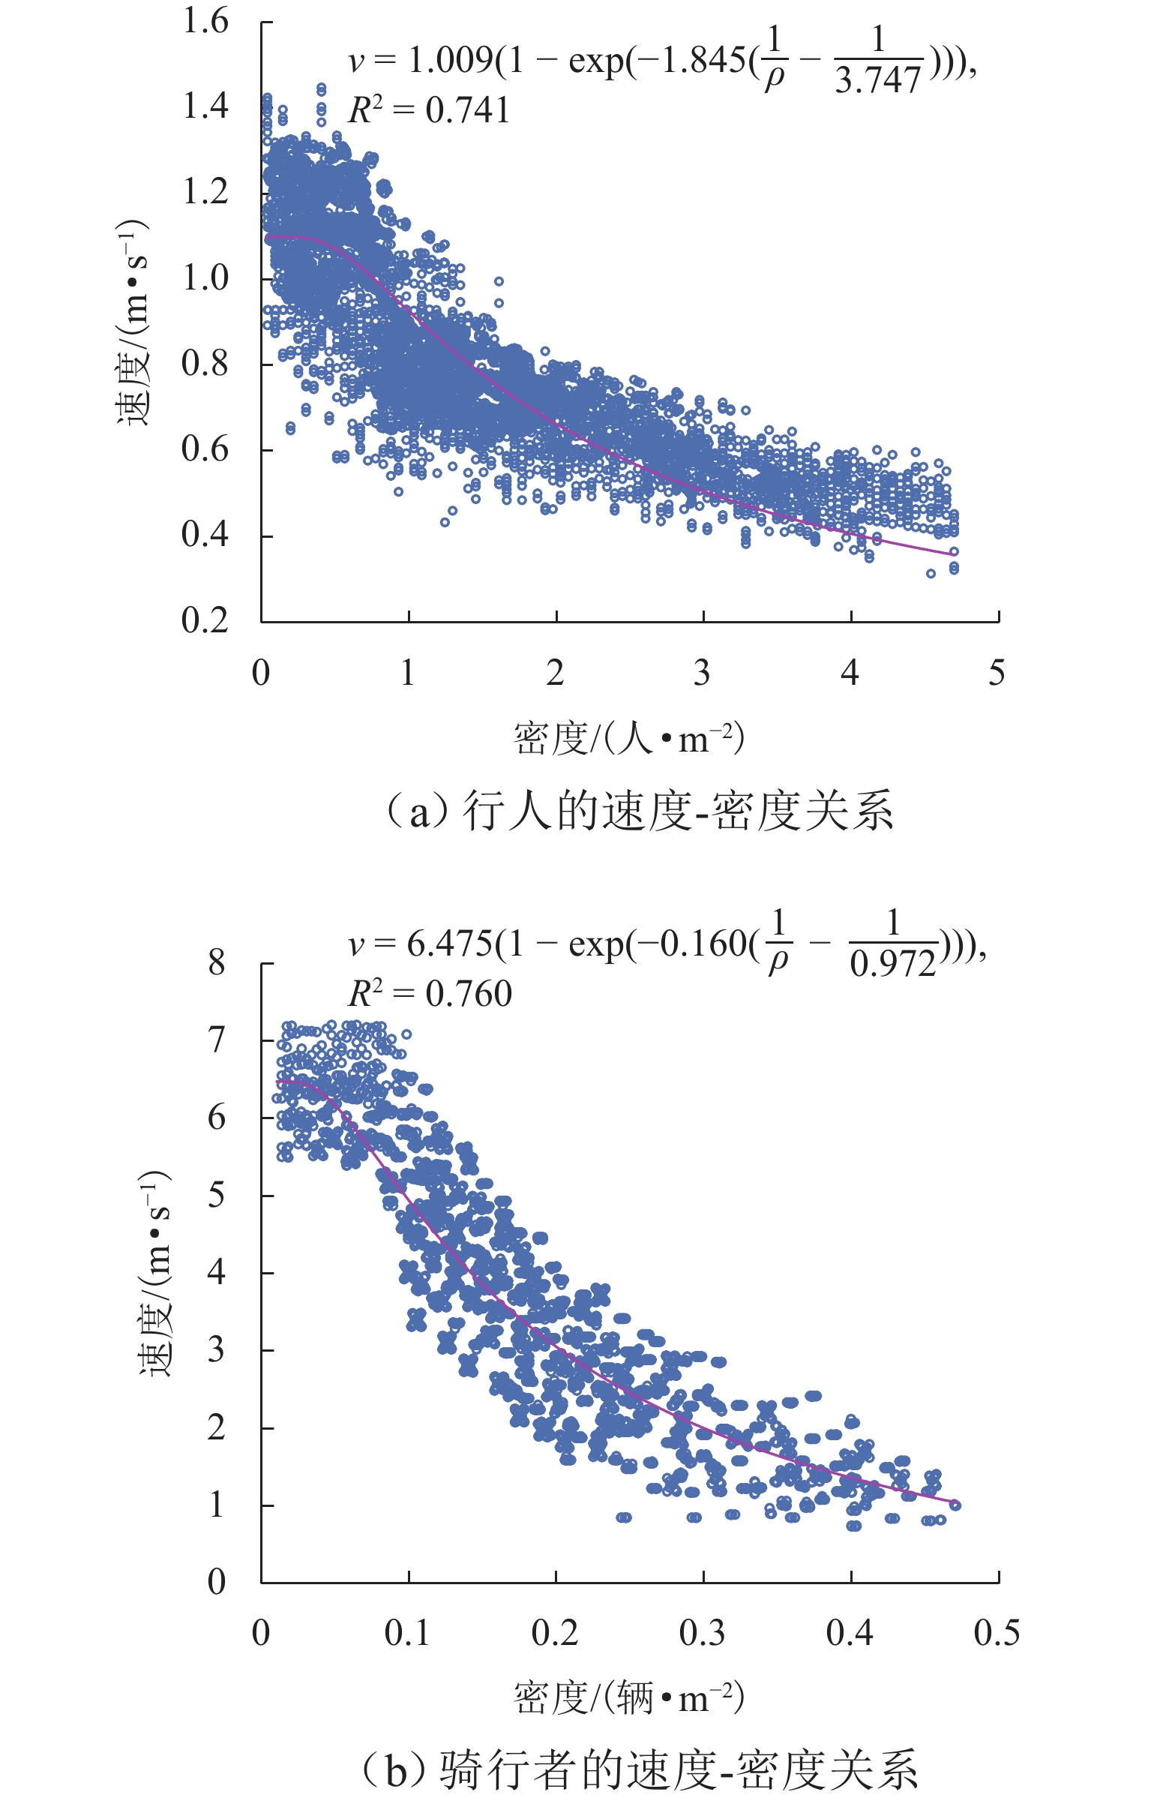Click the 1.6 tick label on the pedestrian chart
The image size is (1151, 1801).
coord(205,21)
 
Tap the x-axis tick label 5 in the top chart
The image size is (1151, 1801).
coord(997,673)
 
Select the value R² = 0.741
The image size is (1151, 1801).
coord(429,111)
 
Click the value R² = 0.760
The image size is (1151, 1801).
coord(430,994)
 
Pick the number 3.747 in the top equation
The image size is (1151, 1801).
coord(878,80)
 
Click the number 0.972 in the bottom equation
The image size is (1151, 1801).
coord(893,964)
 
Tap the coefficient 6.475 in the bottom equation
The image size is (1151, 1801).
coord(450,944)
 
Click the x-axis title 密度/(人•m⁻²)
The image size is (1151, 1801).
coord(628,739)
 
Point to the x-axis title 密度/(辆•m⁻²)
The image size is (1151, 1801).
coord(628,1697)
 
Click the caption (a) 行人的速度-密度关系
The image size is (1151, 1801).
coord(639,812)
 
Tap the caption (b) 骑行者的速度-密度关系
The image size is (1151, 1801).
coord(639,1769)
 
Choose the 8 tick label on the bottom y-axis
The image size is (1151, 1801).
coord(217,962)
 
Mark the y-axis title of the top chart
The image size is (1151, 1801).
coord(133,323)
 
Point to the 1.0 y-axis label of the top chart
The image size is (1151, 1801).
coord(205,278)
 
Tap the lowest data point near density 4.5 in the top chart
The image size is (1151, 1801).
coord(931,574)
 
